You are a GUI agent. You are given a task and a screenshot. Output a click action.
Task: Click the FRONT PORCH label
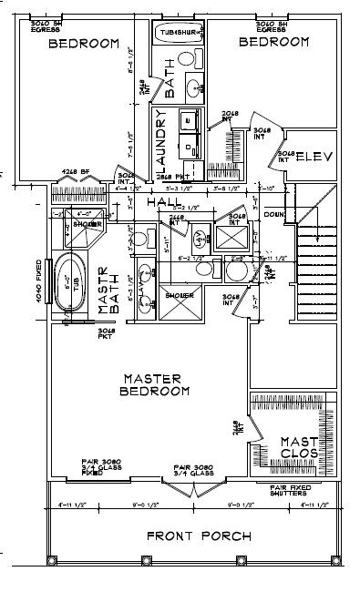click(x=199, y=536)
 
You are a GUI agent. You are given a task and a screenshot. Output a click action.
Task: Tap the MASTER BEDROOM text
click(x=154, y=383)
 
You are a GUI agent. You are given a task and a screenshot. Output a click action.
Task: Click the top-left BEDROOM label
click(x=84, y=43)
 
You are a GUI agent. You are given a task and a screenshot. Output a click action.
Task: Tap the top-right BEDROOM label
click(x=273, y=42)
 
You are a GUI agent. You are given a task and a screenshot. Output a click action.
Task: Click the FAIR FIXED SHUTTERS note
click(x=293, y=491)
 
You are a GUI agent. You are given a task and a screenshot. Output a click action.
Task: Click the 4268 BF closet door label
click(x=76, y=170)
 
